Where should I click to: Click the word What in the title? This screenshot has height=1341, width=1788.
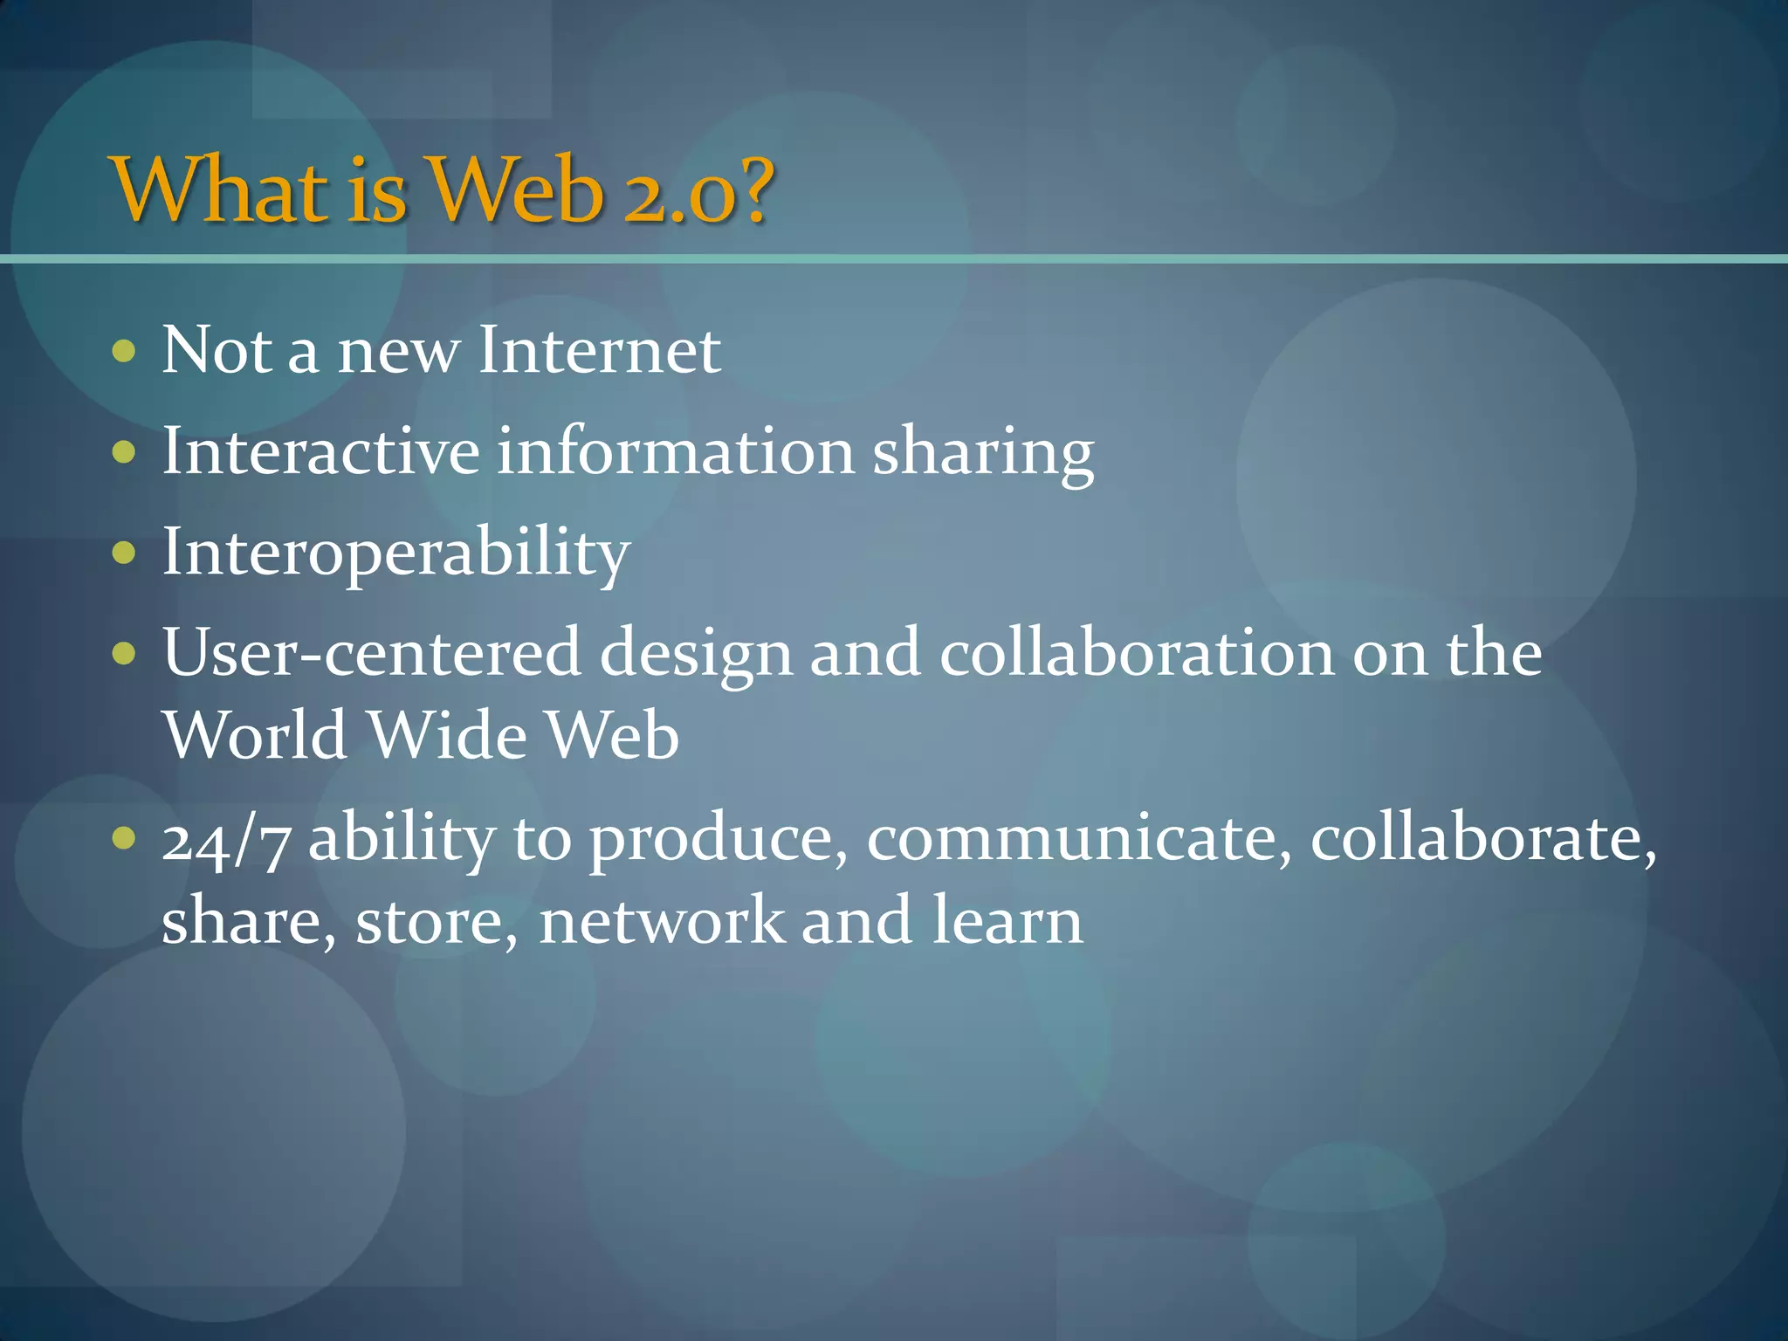pos(223,189)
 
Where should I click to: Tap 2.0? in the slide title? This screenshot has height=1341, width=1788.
pos(698,189)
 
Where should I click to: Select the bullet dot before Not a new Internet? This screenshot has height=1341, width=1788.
pos(125,351)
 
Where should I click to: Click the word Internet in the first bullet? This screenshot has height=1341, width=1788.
pos(600,350)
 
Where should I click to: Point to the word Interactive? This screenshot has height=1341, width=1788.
pos(320,451)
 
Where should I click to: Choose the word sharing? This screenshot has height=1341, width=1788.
pos(983,454)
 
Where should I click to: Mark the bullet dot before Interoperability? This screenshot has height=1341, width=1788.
pos(125,553)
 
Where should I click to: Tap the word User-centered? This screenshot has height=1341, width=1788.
pos(372,653)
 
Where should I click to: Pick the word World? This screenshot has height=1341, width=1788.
pos(255,735)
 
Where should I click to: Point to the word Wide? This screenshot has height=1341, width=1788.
pos(447,735)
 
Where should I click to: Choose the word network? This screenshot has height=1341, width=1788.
pos(661,921)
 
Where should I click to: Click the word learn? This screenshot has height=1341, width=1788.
pos(1007,921)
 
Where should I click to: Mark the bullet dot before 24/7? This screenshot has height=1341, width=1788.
pos(125,838)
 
